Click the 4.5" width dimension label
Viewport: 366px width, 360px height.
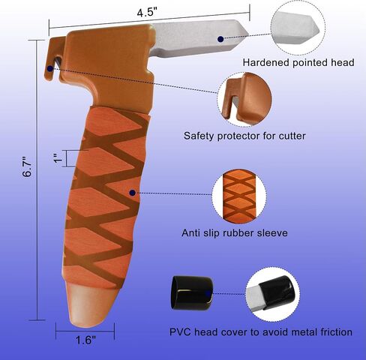click(x=147, y=13)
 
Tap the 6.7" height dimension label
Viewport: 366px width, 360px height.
click(x=27, y=167)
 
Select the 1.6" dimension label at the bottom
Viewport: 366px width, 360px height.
click(x=85, y=340)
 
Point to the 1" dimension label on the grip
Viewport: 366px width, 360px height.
click(x=58, y=158)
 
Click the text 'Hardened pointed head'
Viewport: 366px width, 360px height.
click(x=298, y=62)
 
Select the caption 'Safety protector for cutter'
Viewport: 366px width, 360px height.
click(x=244, y=136)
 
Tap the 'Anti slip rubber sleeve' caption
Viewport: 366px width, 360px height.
click(x=235, y=233)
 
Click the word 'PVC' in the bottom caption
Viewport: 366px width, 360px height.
click(x=180, y=332)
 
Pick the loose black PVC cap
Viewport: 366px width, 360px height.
click(x=192, y=293)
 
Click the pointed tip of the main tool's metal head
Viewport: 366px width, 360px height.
click(x=248, y=33)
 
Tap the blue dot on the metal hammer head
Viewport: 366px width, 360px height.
click(x=220, y=39)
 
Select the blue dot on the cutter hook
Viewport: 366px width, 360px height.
click(x=50, y=68)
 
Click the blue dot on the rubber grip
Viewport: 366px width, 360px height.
click(x=133, y=193)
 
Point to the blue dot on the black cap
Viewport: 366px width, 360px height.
click(x=208, y=293)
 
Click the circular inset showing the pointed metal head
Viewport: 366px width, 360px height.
click(x=298, y=28)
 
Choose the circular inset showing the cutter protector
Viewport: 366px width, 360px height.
click(x=244, y=99)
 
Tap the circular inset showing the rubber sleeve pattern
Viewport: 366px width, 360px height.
click(x=239, y=196)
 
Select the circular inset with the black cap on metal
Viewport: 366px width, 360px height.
click(x=273, y=294)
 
